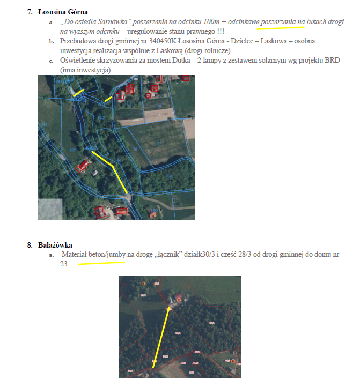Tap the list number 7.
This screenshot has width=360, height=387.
pyautogui.click(x=30, y=11)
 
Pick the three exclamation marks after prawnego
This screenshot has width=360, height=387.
pyautogui.click(x=219, y=32)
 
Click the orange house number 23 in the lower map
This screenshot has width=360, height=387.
pyautogui.click(x=143, y=282)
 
